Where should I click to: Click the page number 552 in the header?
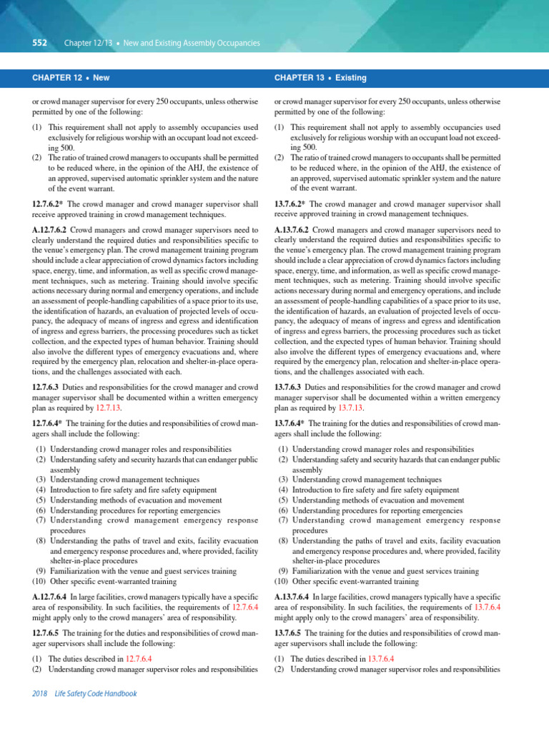point(39,44)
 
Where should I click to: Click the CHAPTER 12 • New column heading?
point(71,77)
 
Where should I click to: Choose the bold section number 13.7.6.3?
point(293,386)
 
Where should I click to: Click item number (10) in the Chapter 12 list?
point(39,582)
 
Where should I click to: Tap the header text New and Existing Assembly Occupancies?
point(192,44)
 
